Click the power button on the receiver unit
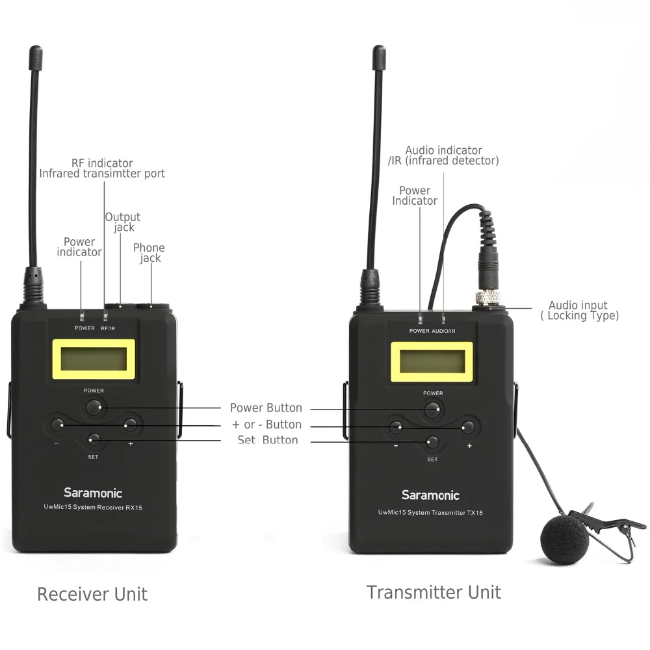[x=94, y=408]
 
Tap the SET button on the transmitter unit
[x=432, y=443]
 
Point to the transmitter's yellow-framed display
[x=432, y=362]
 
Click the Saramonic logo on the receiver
[x=93, y=493]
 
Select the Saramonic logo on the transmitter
[x=430, y=495]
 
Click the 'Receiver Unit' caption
[x=92, y=593]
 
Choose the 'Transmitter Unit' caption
[x=434, y=592]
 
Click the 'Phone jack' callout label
[x=149, y=253]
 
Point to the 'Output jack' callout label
[x=123, y=222]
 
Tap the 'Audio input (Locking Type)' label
[x=578, y=310]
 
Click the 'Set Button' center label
[x=267, y=440]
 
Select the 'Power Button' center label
[x=266, y=408]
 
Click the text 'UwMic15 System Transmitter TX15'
[x=430, y=513]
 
